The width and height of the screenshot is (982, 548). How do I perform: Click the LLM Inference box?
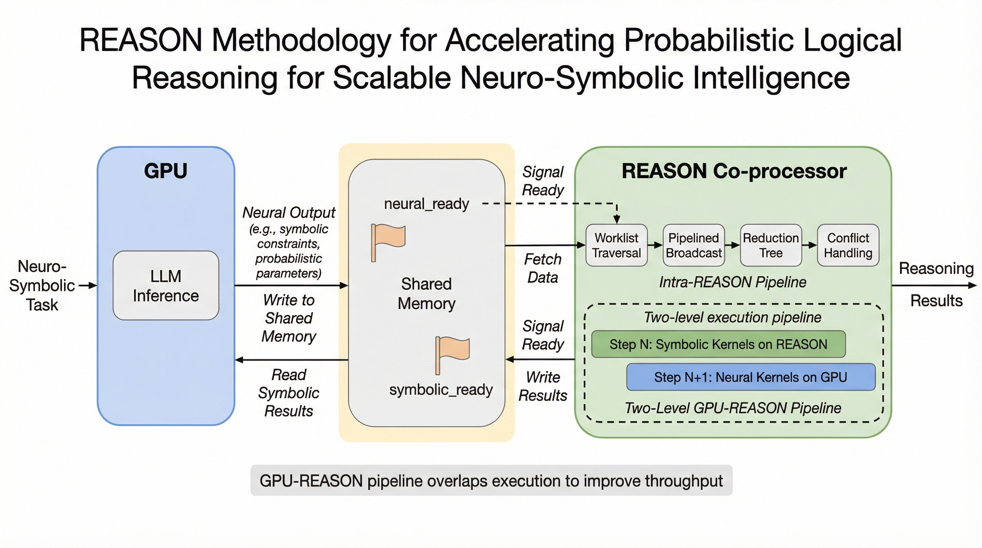[166, 285]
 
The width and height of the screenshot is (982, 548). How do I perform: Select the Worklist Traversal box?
[616, 245]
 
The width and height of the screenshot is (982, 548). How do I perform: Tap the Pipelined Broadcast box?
[693, 245]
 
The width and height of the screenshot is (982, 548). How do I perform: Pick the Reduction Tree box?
[771, 245]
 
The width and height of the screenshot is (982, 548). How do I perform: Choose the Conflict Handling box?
[848, 245]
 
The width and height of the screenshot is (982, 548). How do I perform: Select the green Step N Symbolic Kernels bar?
[718, 344]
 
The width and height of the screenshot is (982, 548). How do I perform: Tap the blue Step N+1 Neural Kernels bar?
[751, 377]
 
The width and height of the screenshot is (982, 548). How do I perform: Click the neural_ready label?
[426, 203]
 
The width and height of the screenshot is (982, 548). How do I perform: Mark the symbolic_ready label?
[441, 390]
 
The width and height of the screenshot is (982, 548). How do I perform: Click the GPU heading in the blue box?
[166, 171]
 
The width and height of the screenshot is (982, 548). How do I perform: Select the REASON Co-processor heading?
[734, 171]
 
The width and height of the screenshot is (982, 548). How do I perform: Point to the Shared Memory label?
[426, 293]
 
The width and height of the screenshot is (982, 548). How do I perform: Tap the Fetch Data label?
[542, 268]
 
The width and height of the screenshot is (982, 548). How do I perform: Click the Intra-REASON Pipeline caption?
[732, 282]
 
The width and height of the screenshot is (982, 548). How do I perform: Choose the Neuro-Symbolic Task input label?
[42, 285]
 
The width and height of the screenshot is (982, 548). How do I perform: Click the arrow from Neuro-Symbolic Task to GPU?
[88, 285]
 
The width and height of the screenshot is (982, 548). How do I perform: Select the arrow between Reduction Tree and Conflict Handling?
[809, 245]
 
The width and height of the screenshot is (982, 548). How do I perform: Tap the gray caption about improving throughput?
[491, 481]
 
